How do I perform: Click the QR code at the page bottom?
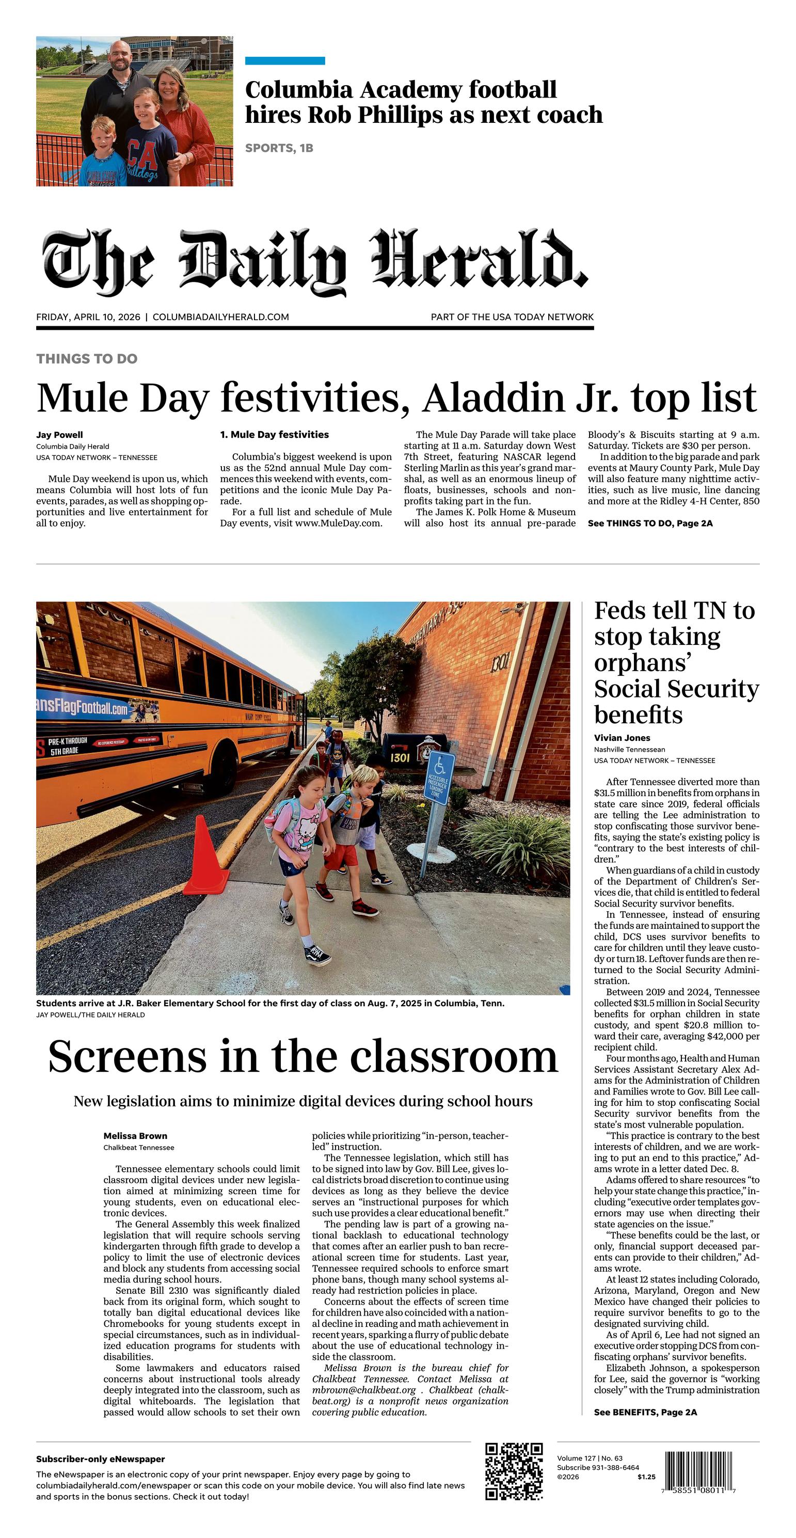(514, 1471)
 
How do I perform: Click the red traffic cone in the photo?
(205, 857)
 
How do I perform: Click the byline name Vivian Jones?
(622, 738)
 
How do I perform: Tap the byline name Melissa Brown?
(135, 1136)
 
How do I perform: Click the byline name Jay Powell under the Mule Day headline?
(59, 435)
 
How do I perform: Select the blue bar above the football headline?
(285, 60)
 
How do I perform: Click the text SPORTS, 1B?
(279, 148)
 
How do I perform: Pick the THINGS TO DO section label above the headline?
(87, 359)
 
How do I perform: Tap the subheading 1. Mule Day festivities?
(274, 435)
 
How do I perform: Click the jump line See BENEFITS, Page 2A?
(645, 1412)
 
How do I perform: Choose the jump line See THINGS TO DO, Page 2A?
(650, 523)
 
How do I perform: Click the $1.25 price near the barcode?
(646, 1477)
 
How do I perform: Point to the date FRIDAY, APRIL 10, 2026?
(88, 317)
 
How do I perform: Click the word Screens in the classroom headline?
(127, 1057)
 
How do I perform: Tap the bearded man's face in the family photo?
(121, 57)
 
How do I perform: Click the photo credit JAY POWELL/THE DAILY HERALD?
(90, 1014)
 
